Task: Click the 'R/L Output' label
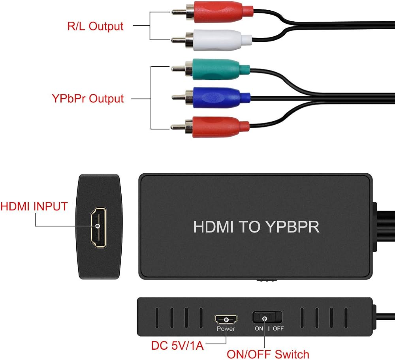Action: point(95,26)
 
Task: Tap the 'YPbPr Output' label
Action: point(88,98)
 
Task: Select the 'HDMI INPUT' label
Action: point(34,206)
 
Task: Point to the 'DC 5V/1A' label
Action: point(177,345)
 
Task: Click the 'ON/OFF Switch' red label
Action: point(268,354)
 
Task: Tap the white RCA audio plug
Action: point(212,40)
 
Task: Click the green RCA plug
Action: point(211,69)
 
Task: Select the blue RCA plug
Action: point(211,97)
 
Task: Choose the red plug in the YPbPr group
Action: point(211,127)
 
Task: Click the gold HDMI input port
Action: point(98,227)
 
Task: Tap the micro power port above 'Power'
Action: point(226,319)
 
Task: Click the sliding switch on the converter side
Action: point(267,317)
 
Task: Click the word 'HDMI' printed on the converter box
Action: point(213,227)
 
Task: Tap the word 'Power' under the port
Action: point(226,328)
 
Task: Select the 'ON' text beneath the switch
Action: point(259,328)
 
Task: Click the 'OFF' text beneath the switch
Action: point(278,328)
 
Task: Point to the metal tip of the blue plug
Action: point(179,97)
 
